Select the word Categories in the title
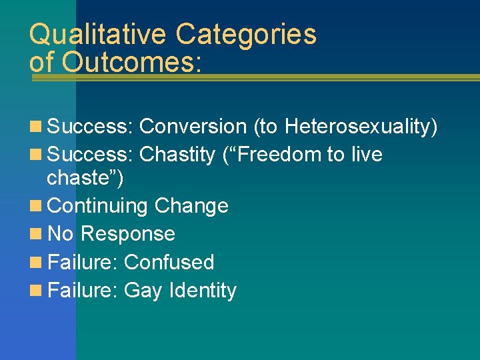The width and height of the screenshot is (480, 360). pyautogui.click(x=245, y=35)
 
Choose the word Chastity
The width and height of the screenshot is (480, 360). pyautogui.click(x=178, y=155)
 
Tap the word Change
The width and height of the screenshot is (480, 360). pyautogui.click(x=191, y=205)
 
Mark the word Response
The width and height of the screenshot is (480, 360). pyautogui.click(x=127, y=234)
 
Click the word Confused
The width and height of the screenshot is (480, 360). pyautogui.click(x=169, y=262)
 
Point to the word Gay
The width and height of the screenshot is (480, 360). pyautogui.click(x=144, y=291)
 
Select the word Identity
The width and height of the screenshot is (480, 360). pyautogui.click(x=203, y=291)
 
